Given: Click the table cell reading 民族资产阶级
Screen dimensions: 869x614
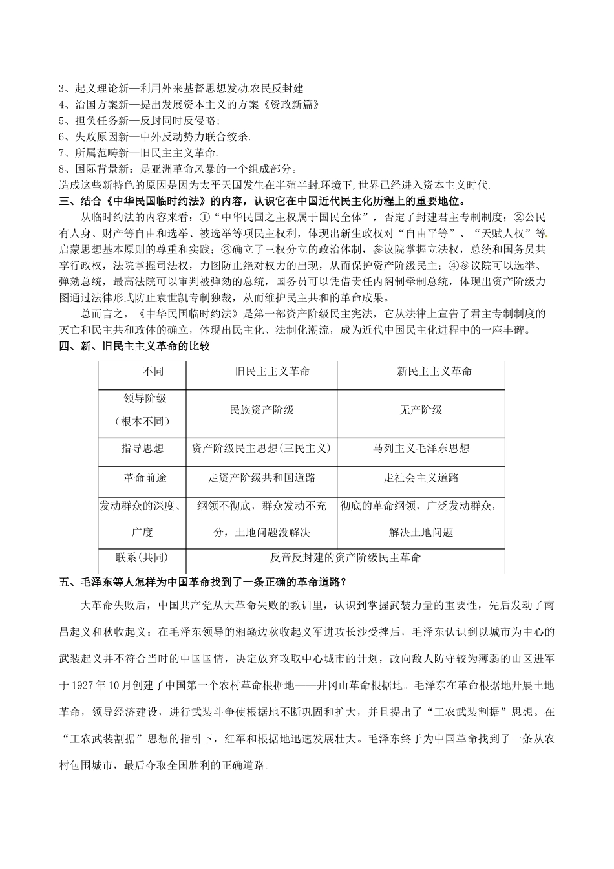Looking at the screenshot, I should [262, 410].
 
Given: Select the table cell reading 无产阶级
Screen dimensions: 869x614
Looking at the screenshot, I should [421, 410].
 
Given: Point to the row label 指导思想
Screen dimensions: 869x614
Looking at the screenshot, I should [142, 448].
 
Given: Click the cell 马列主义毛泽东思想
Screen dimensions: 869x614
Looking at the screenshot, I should [421, 448].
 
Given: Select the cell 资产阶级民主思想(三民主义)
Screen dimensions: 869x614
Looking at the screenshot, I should [261, 448].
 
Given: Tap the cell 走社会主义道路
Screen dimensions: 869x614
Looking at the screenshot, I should [421, 478].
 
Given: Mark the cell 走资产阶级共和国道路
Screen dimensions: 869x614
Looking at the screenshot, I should [262, 478].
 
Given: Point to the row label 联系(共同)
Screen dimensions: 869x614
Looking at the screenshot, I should [142, 557].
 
